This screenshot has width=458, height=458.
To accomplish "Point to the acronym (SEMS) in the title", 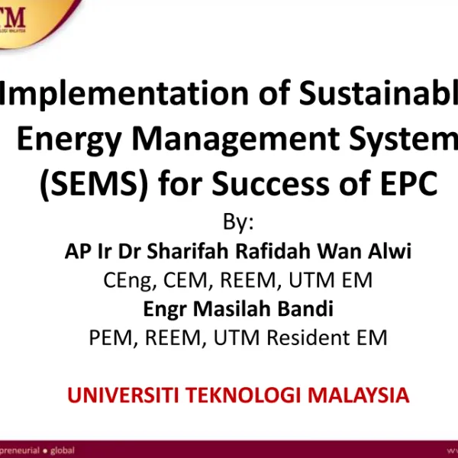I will tap(82, 184).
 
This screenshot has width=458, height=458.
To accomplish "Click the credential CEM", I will tap(187, 281).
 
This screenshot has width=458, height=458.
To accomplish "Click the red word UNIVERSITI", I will tap(122, 396).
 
